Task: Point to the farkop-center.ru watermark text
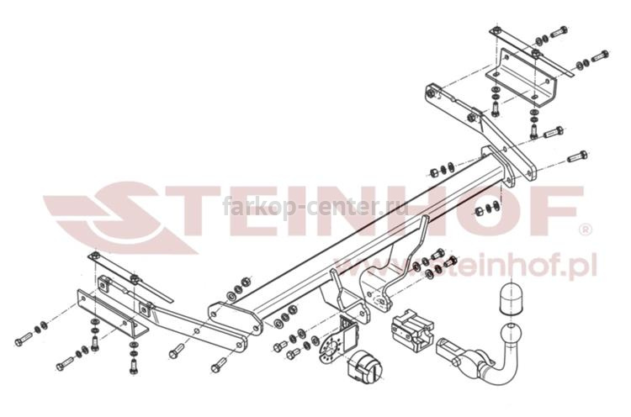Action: pos(315,207)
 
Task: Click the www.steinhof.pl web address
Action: pos(466,268)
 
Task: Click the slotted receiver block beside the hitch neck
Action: pos(411,331)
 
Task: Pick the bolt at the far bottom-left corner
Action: pos(23,339)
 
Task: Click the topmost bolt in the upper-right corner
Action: pos(558,31)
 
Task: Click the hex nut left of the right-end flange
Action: pos(434,172)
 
